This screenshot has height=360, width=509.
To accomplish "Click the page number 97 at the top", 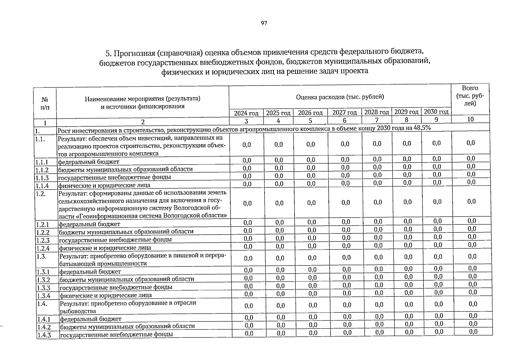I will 264,23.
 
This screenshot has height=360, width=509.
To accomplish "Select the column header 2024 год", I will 246,113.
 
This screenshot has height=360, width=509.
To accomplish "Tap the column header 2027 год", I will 345,112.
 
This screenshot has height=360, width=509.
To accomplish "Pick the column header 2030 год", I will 436,112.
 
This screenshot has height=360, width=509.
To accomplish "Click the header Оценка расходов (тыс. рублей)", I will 340,97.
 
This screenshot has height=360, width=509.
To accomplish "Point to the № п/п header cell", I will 45,103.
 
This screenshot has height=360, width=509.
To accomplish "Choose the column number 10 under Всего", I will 470,119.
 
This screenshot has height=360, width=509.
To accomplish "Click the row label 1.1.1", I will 42,162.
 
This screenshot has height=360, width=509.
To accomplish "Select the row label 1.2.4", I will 43,248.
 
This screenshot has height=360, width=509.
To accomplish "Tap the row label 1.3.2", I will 43,280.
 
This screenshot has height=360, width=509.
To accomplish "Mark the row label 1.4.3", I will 44,335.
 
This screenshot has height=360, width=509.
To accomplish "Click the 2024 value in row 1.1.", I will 247,145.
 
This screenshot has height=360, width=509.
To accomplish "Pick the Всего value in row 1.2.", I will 472,201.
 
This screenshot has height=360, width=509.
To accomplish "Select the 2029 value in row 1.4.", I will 409,304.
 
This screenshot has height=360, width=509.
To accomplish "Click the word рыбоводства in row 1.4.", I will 78,311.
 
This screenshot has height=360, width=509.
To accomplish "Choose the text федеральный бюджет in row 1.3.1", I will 90,272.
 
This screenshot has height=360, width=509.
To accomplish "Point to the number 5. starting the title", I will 109,54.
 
